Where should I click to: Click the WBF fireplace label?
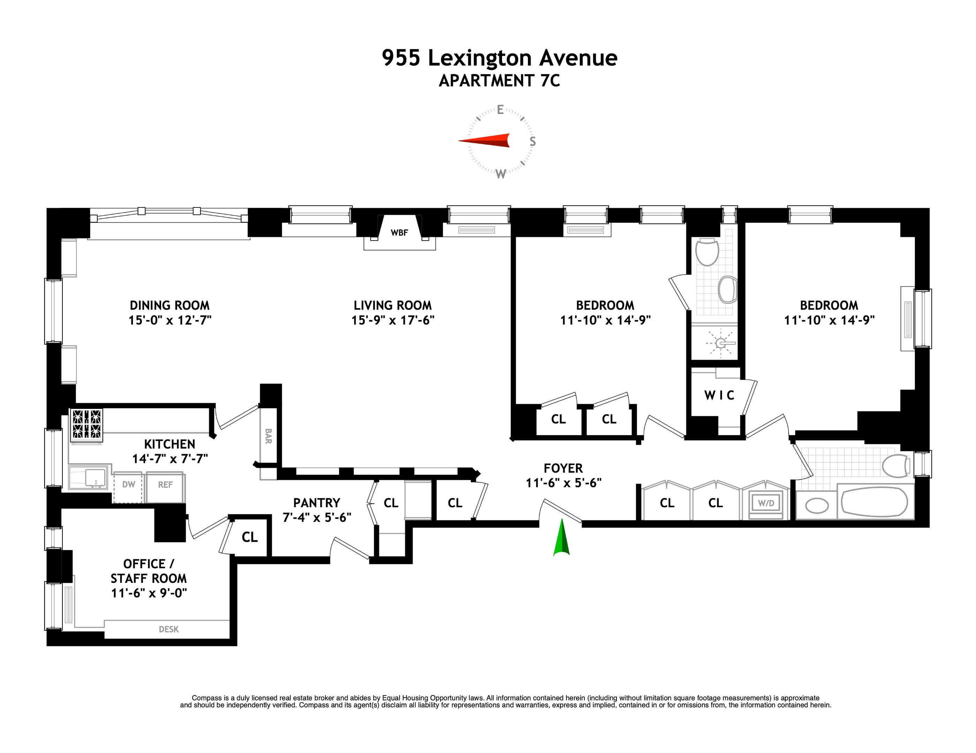coord(399,233)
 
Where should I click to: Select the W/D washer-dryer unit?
coord(766,503)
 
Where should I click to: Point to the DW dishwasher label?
coord(129,485)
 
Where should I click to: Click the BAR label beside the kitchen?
coord(268,436)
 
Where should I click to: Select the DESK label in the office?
coord(169,629)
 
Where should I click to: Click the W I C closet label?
coord(719,395)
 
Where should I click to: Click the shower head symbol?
coord(720,343)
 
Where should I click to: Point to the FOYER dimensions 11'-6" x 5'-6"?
coord(563,483)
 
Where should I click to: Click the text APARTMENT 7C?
coord(499,81)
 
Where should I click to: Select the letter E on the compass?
coord(500,110)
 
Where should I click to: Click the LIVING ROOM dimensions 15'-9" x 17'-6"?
coord(392,320)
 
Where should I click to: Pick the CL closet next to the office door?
coord(249,537)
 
